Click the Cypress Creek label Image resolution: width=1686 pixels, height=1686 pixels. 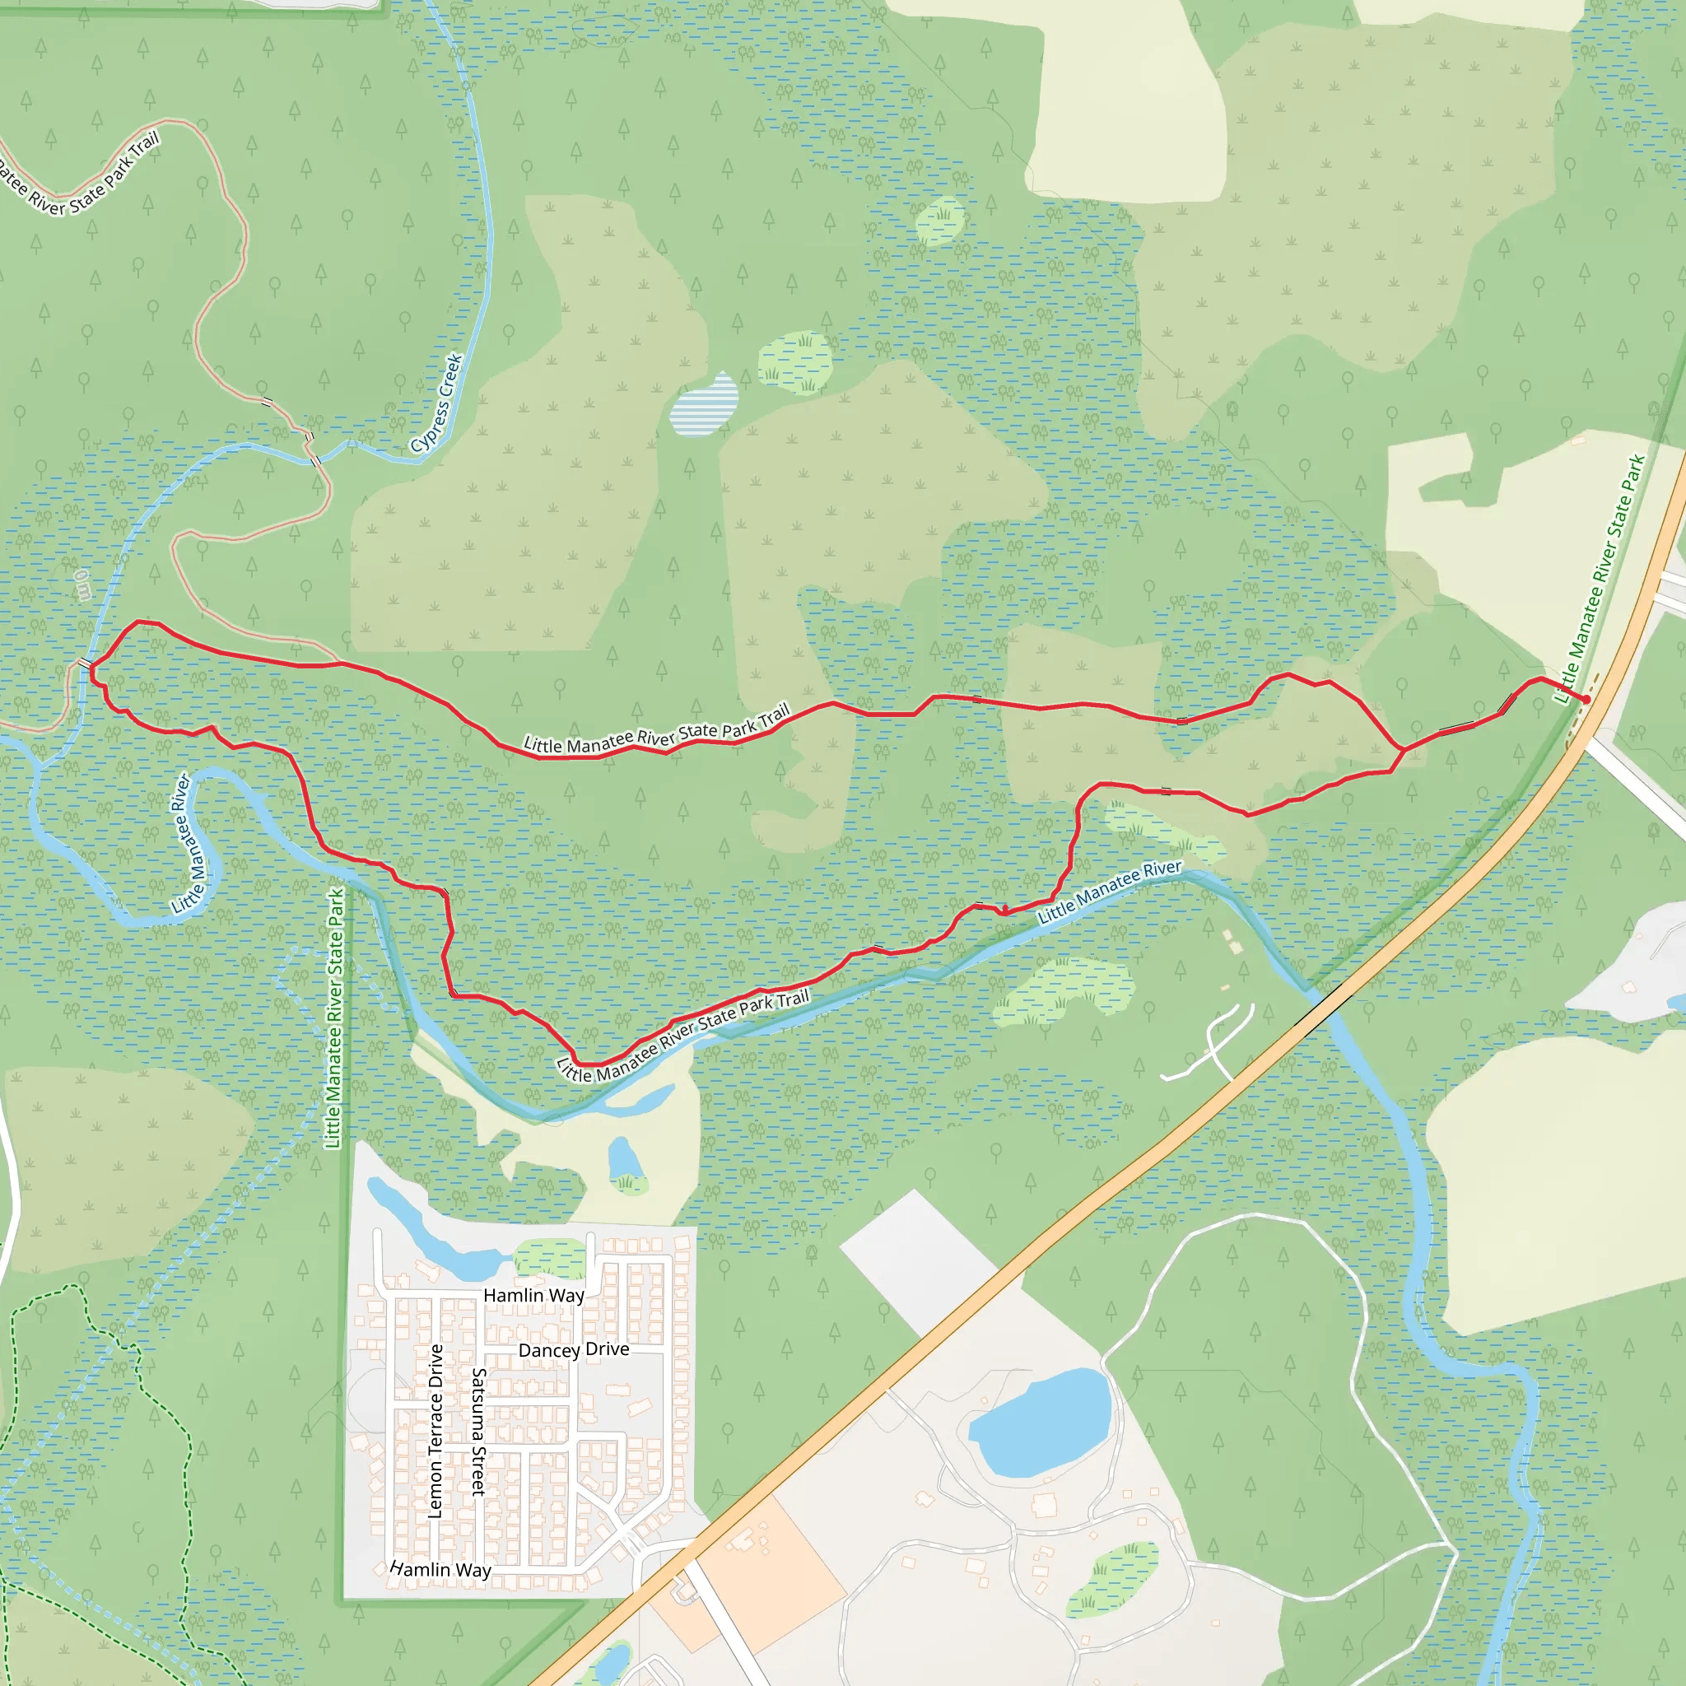(x=437, y=403)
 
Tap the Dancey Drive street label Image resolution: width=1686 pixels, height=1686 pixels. (x=573, y=1350)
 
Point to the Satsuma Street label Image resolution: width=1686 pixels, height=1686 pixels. (x=478, y=1432)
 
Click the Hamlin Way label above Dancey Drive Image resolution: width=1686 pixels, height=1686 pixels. (x=533, y=1296)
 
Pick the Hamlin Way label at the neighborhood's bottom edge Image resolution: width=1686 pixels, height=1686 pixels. (x=440, y=1569)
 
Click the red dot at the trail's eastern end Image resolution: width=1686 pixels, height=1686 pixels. (x=1586, y=699)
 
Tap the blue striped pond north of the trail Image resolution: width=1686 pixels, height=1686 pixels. (x=703, y=406)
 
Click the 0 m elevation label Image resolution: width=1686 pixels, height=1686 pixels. (x=82, y=585)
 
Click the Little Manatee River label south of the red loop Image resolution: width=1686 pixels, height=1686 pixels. (x=1109, y=892)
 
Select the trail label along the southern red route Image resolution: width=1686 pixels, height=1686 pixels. (x=683, y=1036)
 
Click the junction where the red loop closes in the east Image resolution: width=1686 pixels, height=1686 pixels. (x=1402, y=749)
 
